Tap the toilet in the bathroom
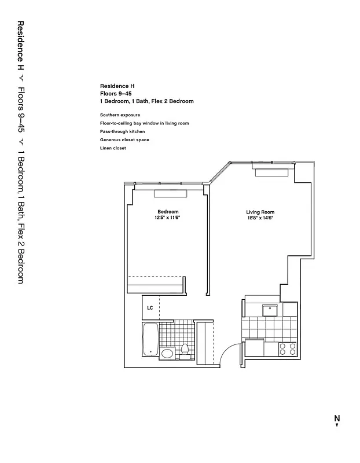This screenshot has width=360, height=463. (185, 351)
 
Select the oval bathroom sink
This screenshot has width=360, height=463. (167, 354)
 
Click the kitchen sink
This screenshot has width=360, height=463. (270, 311)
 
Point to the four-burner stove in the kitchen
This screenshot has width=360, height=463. (288, 348)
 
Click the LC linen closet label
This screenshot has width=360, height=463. (150, 308)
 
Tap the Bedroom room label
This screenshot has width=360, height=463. (168, 212)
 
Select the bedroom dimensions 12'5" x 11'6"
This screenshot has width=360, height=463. (168, 218)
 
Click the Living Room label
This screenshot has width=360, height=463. (260, 212)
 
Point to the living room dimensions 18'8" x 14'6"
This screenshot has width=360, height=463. (260, 218)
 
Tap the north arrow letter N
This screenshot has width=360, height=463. (336, 418)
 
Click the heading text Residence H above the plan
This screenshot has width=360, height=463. (117, 86)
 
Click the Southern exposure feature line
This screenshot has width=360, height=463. (120, 115)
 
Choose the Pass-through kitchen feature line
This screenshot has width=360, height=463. (122, 132)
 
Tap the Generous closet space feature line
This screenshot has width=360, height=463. (125, 140)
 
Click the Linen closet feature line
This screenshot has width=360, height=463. (113, 148)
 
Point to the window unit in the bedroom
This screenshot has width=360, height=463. (170, 193)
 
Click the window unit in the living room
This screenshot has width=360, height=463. (271, 171)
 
